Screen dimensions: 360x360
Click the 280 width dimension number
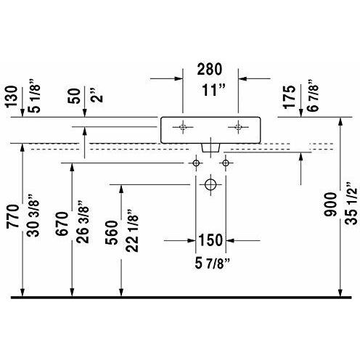(210, 70)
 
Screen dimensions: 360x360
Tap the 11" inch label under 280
(210, 91)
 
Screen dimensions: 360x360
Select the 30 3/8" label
(30, 211)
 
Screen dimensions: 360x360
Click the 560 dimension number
(110, 232)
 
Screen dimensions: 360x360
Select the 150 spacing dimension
(210, 240)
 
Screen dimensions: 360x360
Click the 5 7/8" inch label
(210, 261)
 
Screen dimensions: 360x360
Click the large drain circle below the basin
(210, 184)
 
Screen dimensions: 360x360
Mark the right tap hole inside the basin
(237, 126)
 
